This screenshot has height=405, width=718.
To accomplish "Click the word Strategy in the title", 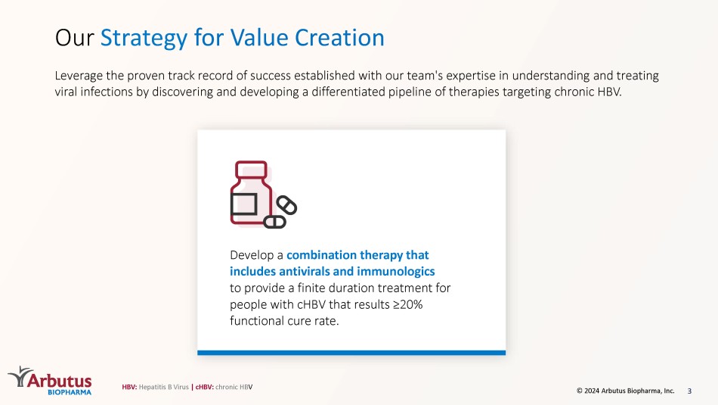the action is tap(144, 38).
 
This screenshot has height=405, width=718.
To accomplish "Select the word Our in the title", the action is tap(74, 38).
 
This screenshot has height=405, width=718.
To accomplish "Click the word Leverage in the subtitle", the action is tap(79, 76).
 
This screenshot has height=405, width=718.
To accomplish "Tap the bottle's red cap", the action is tap(251, 170).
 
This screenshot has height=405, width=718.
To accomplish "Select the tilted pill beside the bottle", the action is tap(286, 205).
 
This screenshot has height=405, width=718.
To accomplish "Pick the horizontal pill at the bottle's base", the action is tap(274, 222).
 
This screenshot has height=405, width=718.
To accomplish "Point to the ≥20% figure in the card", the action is tap(407, 304).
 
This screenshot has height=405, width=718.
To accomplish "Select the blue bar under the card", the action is tap(351, 353).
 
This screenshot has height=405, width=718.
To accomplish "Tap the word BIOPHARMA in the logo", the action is tap(70, 392).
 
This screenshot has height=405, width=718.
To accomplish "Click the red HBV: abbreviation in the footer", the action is tap(129, 387).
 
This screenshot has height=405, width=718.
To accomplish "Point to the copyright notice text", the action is tap(626, 391).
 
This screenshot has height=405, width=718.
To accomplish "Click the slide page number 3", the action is tap(689, 391).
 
